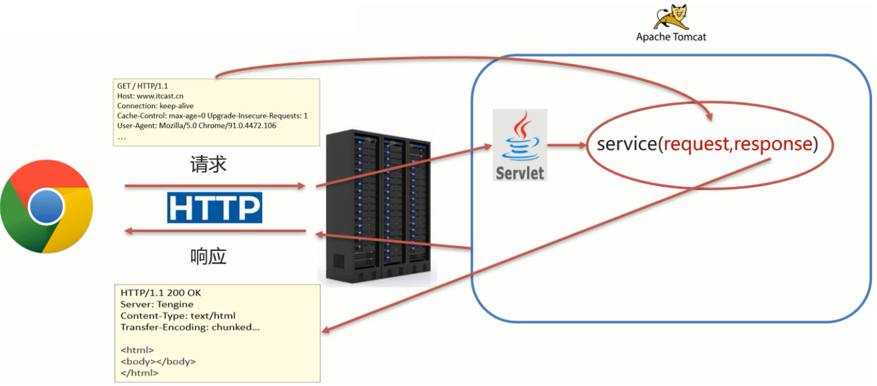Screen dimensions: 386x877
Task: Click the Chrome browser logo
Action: [47, 207]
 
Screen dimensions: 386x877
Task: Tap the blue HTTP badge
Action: [214, 208]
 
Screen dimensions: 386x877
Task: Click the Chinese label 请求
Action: [208, 164]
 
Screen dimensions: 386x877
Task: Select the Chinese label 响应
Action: [208, 256]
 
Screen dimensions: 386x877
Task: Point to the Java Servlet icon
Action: [519, 145]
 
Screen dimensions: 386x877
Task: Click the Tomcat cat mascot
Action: [671, 16]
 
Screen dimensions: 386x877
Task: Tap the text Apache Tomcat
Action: [671, 37]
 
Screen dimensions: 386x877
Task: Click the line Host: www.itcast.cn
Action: [150, 96]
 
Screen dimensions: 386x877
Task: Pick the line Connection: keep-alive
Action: [155, 106]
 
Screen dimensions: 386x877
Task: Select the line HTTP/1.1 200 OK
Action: [161, 293]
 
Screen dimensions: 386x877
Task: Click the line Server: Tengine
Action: [157, 304]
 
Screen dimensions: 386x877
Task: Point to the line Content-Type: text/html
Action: [178, 316]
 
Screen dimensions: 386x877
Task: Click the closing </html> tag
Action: [139, 373]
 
